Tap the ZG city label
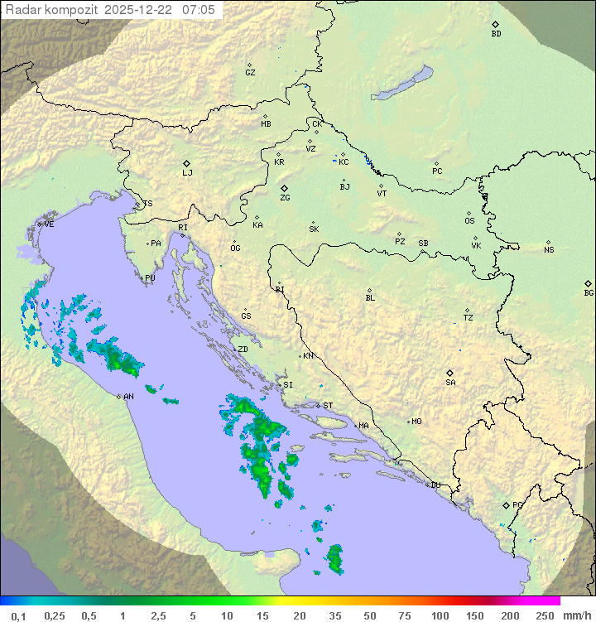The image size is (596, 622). pyautogui.click(x=285, y=198)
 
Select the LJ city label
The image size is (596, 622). pyautogui.click(x=187, y=173)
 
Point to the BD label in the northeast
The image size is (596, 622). pyautogui.click(x=496, y=34)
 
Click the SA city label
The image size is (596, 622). pyautogui.click(x=450, y=382)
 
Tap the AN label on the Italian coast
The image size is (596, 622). pyautogui.click(x=128, y=397)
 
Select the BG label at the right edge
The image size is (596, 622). pyautogui.click(x=589, y=292)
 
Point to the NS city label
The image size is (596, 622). pyautogui.click(x=549, y=250)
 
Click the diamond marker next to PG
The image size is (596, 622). pyautogui.click(x=506, y=504)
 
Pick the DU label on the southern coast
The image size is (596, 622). pyautogui.click(x=435, y=485)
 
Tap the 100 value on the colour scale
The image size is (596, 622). pyautogui.click(x=440, y=615)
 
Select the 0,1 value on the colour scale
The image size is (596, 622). pyautogui.click(x=18, y=615)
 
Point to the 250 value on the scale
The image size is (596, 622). pyautogui.click(x=545, y=615)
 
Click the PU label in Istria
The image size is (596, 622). pyautogui.click(x=150, y=278)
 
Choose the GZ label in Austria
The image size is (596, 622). pyautogui.click(x=250, y=72)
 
